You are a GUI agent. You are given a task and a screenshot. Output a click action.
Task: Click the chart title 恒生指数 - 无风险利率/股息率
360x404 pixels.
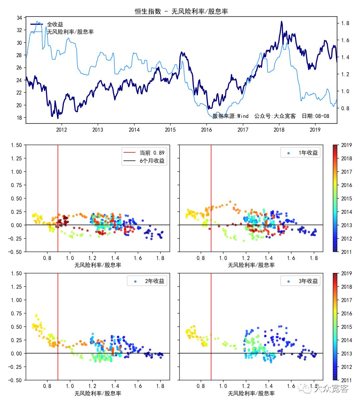pyautogui.click(x=181, y=11)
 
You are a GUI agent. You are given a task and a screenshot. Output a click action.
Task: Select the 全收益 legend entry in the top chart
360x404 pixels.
pyautogui.click(x=55, y=24)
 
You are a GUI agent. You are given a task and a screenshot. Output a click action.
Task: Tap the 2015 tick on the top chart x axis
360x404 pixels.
pyautogui.click(x=170, y=130)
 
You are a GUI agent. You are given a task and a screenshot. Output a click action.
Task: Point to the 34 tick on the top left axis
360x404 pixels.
pyautogui.click(x=19, y=17)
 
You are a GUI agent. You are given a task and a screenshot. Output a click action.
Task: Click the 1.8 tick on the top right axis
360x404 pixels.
pyautogui.click(x=345, y=23)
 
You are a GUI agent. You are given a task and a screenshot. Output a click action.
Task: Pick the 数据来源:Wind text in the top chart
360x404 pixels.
pyautogui.click(x=231, y=116)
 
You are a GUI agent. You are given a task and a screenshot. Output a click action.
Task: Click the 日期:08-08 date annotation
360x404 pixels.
pyautogui.click(x=316, y=116)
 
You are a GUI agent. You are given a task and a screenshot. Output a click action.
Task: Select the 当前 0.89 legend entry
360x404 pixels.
pyautogui.click(x=152, y=153)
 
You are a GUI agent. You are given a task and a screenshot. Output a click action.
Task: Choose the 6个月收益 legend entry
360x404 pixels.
pyautogui.click(x=152, y=161)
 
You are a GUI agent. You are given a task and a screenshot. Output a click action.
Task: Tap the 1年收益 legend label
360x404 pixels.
pyautogui.click(x=308, y=153)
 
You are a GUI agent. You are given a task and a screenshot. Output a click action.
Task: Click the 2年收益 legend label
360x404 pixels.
pyautogui.click(x=155, y=281)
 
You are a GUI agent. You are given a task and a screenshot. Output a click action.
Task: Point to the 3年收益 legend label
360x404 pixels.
pyautogui.click(x=308, y=281)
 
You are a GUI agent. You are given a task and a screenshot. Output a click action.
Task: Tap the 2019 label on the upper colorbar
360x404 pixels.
pyautogui.click(x=346, y=145)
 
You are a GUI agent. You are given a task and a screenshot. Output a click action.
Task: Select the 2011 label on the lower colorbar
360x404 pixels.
pyautogui.click(x=346, y=380)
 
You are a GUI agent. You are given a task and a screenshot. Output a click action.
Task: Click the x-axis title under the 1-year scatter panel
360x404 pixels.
pyautogui.click(x=251, y=265)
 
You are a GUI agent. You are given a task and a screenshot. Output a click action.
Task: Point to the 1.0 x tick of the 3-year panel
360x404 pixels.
pyautogui.click(x=223, y=386)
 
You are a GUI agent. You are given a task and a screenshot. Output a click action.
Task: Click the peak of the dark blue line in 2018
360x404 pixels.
pyautogui.click(x=281, y=21)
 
